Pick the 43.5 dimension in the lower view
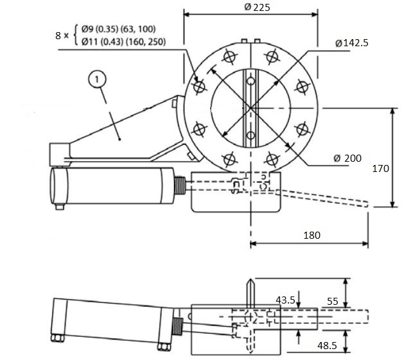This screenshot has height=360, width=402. coord(286,300)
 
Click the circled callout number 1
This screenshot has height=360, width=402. coord(96,79)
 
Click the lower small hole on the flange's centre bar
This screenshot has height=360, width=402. coord(250,135)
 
